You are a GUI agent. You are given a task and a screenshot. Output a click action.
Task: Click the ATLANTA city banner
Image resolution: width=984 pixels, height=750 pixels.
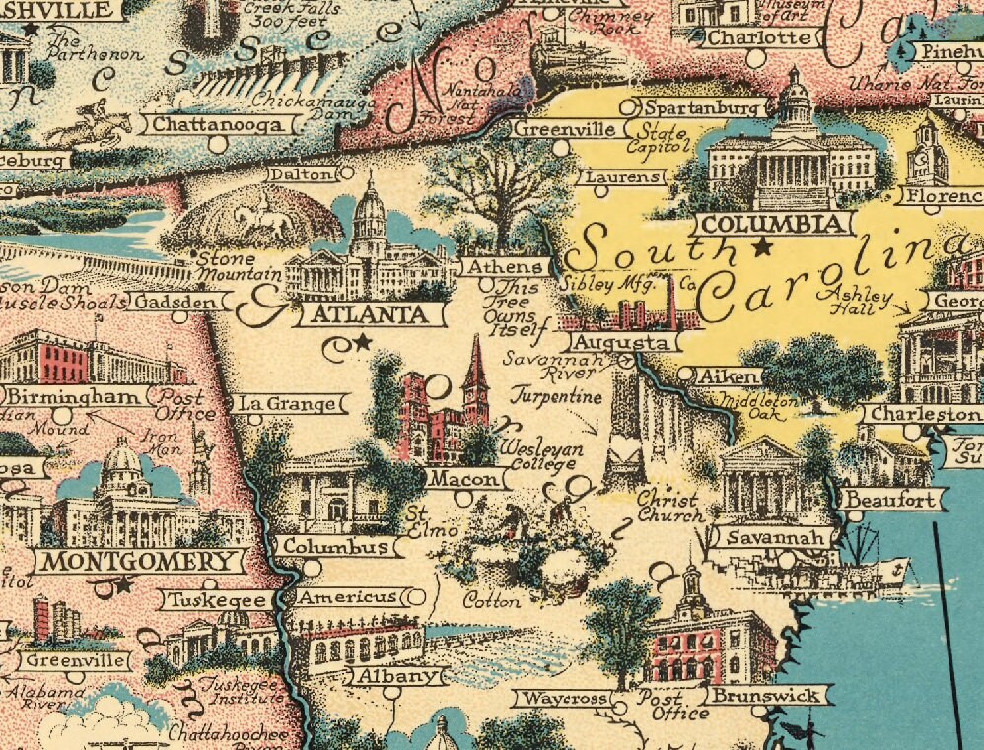(x=371, y=314)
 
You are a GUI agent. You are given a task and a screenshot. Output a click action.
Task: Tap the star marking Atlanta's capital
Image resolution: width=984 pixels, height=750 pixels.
(x=362, y=342)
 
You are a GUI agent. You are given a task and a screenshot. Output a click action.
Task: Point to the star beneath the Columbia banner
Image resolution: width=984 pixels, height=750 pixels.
(x=761, y=247)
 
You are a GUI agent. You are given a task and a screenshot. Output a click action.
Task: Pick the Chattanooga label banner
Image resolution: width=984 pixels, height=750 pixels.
(x=221, y=124)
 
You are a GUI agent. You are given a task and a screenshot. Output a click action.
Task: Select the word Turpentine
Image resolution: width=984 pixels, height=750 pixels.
(x=555, y=396)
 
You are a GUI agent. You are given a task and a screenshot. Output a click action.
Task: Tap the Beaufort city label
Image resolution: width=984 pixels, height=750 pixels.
(x=890, y=500)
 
